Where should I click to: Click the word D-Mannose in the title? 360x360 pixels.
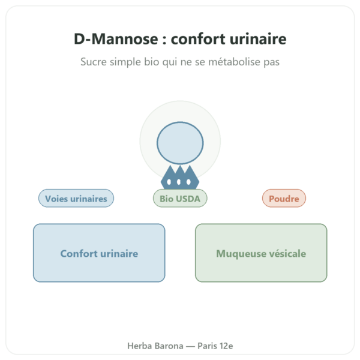[x=116, y=39]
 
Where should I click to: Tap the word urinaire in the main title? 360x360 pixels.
[x=258, y=39]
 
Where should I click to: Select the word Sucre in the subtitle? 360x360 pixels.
[x=94, y=62]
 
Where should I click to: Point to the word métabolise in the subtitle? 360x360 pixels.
[x=234, y=62]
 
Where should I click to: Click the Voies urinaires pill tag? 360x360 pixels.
[x=76, y=199]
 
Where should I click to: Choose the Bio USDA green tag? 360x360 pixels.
[x=180, y=199]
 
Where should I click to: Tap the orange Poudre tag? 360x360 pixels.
[x=284, y=199]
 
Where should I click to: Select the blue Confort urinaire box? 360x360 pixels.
[x=99, y=253]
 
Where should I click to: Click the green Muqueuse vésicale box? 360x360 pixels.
[x=261, y=253]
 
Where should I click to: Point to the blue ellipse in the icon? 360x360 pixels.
[x=180, y=143]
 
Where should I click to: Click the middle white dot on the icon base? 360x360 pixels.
[x=179, y=182]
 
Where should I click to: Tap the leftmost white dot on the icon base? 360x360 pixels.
[x=169, y=182]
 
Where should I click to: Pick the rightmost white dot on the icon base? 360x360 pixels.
[x=188, y=182]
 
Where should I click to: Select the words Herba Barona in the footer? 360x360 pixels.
[x=155, y=346]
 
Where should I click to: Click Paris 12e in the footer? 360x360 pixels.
[x=215, y=346]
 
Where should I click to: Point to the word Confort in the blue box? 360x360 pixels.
[x=79, y=253]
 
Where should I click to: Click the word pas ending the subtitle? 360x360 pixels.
[x=271, y=62]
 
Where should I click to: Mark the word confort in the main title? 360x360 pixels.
[x=198, y=39]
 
